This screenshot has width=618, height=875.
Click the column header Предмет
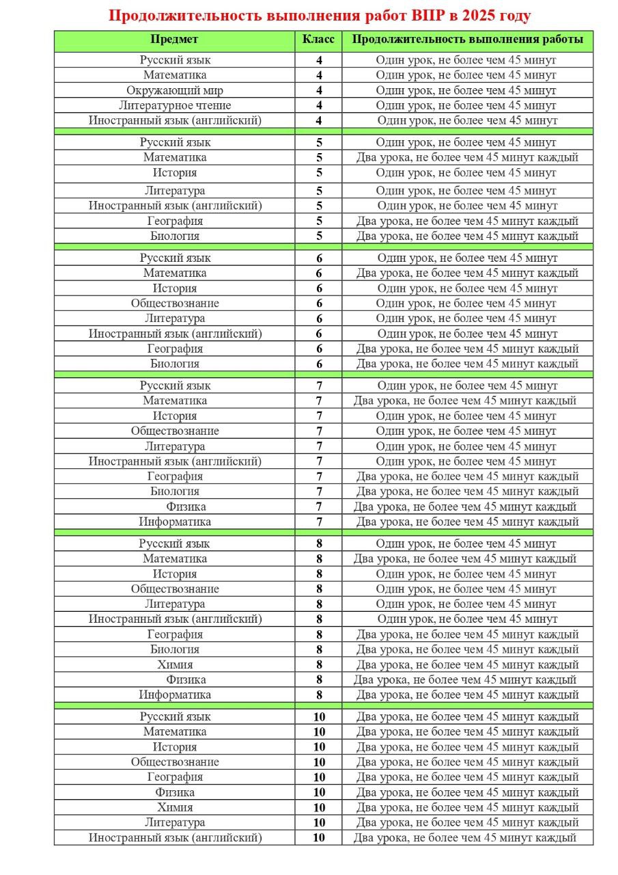[175, 40]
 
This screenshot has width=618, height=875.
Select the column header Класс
[318, 40]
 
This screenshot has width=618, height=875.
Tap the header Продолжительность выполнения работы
[467, 40]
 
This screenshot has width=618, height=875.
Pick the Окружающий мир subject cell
[175, 90]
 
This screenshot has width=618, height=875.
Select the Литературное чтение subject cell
[175, 105]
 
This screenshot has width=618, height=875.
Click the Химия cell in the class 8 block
[175, 664]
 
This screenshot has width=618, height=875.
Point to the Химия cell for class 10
[175, 807]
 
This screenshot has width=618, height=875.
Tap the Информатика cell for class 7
[175, 522]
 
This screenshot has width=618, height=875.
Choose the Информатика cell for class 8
[175, 695]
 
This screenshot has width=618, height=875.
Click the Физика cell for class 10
[175, 792]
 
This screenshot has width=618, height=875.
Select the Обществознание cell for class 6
[175, 303]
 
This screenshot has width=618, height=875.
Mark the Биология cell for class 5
[175, 236]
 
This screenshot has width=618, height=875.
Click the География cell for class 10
[175, 777]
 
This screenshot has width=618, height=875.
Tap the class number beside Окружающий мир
[319, 90]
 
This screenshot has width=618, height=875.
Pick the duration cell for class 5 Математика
[467, 157]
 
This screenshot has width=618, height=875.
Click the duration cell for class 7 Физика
[465, 507]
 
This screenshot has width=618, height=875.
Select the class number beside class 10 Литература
[319, 822]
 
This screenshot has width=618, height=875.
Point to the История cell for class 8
[175, 574]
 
